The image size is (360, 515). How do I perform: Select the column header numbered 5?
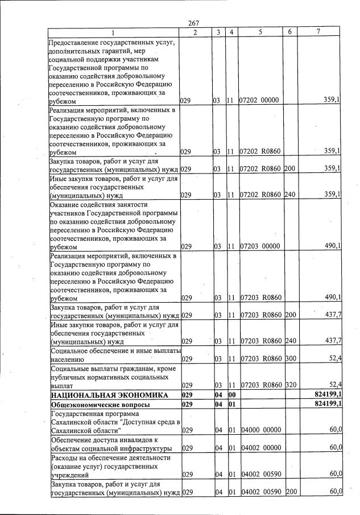point(260,32)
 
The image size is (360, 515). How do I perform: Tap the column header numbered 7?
point(318,32)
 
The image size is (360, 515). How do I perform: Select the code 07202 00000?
point(259,101)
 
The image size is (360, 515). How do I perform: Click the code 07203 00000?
point(259,247)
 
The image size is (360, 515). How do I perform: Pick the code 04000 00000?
point(259,431)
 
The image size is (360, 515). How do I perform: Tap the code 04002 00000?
point(259,448)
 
